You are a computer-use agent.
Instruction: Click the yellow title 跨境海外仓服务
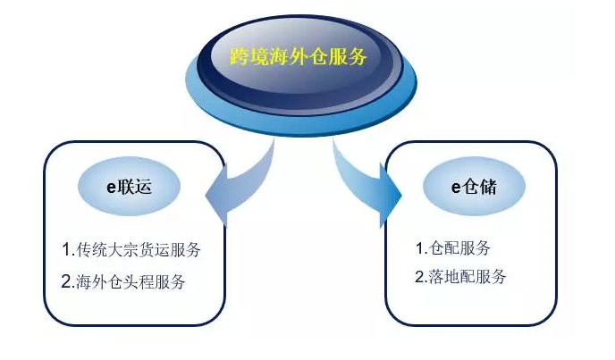tap(298, 57)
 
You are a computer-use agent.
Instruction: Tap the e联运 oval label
tap(129, 187)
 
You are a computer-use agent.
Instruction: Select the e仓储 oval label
tap(474, 187)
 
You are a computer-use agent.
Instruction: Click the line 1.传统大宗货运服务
tap(131, 250)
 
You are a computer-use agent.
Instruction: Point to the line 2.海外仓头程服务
tap(123, 281)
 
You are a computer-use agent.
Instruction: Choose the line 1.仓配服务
tap(453, 247)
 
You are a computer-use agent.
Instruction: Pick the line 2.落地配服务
tap(460, 276)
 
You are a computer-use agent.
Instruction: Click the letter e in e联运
tap(112, 188)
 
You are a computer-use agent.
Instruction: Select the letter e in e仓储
tap(456, 188)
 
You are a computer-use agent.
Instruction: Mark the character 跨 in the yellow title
tap(240, 57)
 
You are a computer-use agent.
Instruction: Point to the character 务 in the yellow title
tap(357, 57)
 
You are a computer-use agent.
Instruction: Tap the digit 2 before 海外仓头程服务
tap(66, 282)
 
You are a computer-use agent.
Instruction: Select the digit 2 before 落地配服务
tap(419, 277)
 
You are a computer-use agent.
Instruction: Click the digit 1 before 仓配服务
tap(420, 248)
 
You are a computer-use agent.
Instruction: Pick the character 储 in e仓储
tap(488, 187)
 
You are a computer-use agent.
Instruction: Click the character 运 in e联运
tap(143, 187)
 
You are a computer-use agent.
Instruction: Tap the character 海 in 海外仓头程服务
tap(84, 281)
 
